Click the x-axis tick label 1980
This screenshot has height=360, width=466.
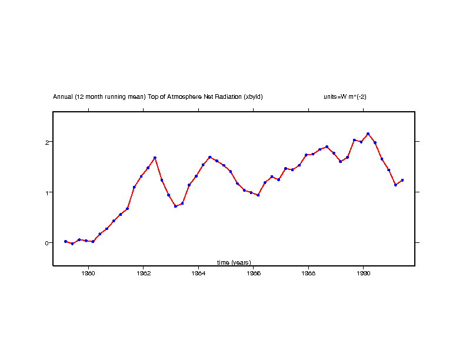tap(88, 272)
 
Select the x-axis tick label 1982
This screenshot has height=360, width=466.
tap(144, 272)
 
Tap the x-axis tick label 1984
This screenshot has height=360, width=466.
tap(198, 272)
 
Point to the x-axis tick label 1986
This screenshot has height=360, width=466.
tap(254, 272)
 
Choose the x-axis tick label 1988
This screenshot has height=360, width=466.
tap(308, 272)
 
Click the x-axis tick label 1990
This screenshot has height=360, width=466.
tap(363, 272)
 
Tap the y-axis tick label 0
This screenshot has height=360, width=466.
tap(45, 242)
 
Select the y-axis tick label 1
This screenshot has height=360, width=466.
tap(45, 192)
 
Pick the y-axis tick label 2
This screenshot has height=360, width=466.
tap(45, 142)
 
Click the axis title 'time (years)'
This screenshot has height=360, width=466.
tap(234, 262)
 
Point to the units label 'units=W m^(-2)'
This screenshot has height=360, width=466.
tap(345, 96)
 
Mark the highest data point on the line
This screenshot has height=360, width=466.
tap(368, 134)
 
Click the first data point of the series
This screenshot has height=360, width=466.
tap(65, 241)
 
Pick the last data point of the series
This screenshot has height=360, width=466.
tap(402, 180)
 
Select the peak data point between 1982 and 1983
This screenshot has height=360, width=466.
tap(155, 158)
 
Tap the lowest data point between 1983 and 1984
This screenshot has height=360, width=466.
tap(175, 206)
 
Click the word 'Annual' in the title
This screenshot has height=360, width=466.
tap(63, 96)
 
